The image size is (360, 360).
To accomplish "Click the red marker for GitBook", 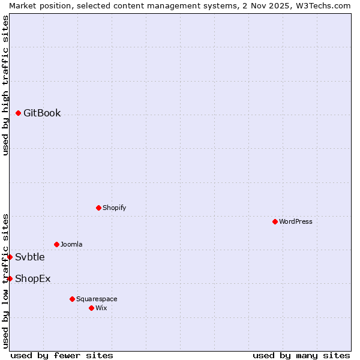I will [19, 113].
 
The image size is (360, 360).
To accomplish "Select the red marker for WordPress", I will [275, 221].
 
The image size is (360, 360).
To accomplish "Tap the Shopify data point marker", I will [98, 208].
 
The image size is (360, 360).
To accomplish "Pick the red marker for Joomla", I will [56, 244].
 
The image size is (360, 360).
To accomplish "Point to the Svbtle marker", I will [10, 257].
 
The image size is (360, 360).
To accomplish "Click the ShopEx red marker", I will [10, 278].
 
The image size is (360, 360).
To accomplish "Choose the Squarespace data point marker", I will [72, 299].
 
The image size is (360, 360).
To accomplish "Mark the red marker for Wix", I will [91, 308].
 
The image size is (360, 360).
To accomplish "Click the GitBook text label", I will [42, 113].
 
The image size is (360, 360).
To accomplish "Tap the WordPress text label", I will [296, 221].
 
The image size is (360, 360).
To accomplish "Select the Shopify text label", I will [115, 208].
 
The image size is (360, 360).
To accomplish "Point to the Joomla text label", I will [71, 244].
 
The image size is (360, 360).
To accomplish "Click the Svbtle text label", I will [30, 257].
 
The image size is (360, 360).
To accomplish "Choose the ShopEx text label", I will [33, 278].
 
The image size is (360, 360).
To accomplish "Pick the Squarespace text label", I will [97, 299].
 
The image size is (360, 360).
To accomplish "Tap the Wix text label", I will [101, 308].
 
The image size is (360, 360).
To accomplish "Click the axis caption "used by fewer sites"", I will [62, 355].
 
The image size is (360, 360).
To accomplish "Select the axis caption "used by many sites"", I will [301, 355].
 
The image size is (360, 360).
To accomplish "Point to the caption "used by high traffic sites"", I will [5, 85].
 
